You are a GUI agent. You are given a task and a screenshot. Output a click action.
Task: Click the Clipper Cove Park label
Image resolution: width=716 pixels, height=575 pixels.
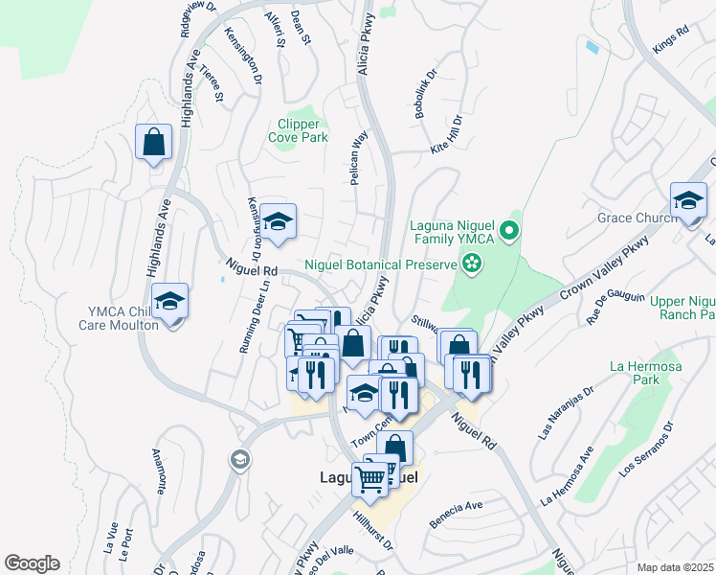(302, 130)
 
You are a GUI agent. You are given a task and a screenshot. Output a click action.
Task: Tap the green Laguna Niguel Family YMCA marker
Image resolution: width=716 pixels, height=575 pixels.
(510, 230)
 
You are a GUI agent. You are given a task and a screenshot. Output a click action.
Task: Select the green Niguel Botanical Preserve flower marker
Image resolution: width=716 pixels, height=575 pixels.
(472, 262)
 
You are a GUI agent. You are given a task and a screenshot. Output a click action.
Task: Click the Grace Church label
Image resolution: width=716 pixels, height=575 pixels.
(637, 218)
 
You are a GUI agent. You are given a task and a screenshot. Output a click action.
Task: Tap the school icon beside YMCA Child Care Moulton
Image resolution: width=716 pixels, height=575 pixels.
(169, 302)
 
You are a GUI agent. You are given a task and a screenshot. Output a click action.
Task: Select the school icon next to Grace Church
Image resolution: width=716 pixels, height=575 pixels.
(688, 201)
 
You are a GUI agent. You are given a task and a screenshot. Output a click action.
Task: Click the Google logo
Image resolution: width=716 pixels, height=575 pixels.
(32, 563)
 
